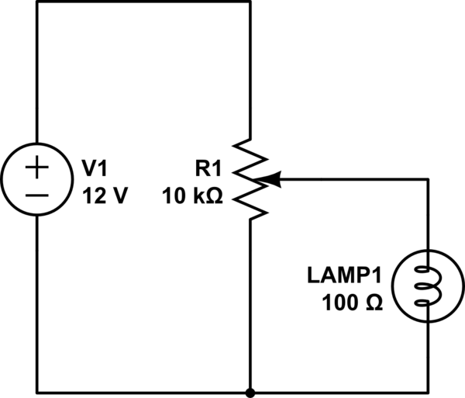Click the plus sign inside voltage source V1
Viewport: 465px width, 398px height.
pos(36,168)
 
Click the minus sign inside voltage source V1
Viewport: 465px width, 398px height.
pos(36,196)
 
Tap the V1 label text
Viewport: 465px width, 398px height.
pos(95,168)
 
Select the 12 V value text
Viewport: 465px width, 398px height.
pos(105,196)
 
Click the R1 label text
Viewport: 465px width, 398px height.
pos(208,168)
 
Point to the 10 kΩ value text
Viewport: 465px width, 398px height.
pos(192,196)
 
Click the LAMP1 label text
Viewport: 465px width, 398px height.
pos(344,275)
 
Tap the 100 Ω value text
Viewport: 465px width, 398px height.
pos(353,303)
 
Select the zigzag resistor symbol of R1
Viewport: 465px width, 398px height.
pos(250,179)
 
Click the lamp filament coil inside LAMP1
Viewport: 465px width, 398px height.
pos(429,286)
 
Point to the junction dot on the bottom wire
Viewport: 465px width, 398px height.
pos(250,393)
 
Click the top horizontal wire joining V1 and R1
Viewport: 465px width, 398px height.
pos(144,2)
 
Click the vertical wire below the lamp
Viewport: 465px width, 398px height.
pos(429,356)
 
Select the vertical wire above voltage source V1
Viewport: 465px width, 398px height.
pos(37,72)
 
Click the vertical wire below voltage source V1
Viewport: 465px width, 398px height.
pos(37,304)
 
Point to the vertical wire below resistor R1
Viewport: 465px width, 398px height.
pos(250,306)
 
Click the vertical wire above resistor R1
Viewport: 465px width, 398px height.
pos(250,70)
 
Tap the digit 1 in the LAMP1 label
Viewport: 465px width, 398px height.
pos(376,275)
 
